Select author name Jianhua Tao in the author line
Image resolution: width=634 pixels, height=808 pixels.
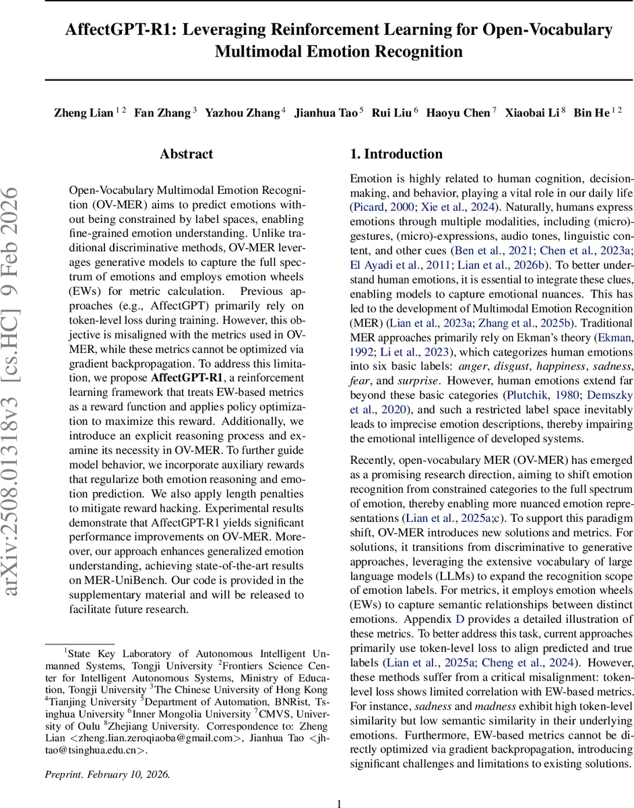327,112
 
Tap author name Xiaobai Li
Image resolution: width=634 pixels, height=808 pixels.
533,112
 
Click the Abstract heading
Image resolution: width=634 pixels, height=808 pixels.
187,154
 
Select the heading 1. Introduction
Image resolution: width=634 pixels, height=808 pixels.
396,154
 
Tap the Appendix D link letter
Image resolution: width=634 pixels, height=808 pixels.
460,619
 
